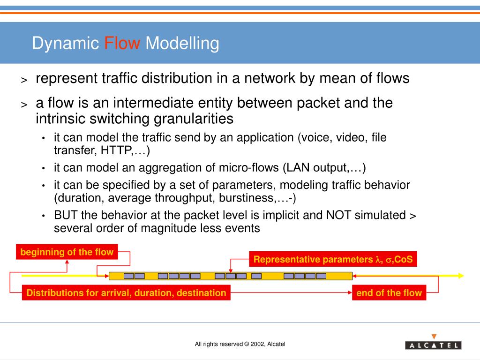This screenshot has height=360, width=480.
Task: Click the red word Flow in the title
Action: click(122, 44)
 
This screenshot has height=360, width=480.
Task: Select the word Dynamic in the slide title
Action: click(66, 44)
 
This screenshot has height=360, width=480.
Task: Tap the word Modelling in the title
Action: click(182, 44)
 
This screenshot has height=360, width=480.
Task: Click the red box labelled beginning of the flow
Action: click(67, 252)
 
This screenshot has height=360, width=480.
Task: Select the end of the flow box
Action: click(389, 293)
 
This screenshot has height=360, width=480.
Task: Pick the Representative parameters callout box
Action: click(333, 259)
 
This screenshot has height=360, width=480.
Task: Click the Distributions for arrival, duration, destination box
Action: click(126, 293)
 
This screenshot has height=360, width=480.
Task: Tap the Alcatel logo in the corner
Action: click(433, 345)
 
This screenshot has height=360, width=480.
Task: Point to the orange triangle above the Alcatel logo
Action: click(434, 336)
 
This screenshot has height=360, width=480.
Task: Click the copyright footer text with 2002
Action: click(240, 344)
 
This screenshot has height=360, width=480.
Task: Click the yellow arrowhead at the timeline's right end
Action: click(461, 276)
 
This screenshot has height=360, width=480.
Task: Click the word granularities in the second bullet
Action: click(194, 119)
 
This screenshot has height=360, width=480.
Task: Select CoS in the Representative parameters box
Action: click(404, 259)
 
